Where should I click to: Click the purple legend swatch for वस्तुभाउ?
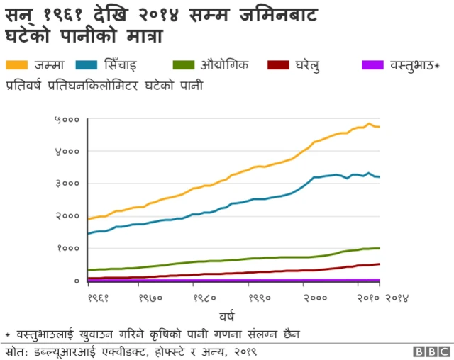[x=372, y=66]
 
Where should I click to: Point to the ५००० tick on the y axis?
[x=67, y=120]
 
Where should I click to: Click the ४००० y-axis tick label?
[x=67, y=152]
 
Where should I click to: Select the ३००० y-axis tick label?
[x=67, y=184]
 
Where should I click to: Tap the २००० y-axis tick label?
[x=67, y=216]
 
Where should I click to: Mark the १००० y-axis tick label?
[x=67, y=249]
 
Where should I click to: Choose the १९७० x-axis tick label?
[x=152, y=298]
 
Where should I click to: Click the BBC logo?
[x=430, y=351]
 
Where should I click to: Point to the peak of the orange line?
[x=369, y=123]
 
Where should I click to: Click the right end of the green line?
[x=380, y=248]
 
